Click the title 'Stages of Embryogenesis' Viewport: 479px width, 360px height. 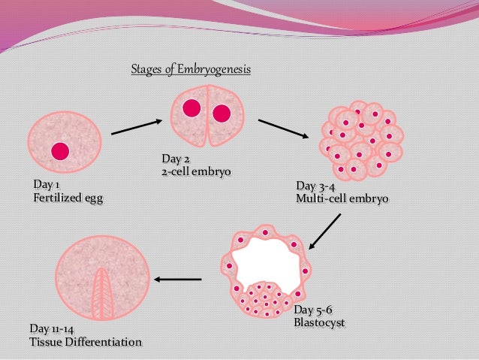click(x=191, y=70)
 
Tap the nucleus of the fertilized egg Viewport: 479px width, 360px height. click(x=60, y=152)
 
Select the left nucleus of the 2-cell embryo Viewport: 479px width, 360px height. click(x=191, y=107)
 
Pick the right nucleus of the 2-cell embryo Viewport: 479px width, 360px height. click(x=221, y=113)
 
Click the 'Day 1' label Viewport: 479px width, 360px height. click(x=47, y=185)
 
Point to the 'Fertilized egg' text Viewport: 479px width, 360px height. click(x=68, y=198)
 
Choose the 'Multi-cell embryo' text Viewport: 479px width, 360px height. click(x=342, y=200)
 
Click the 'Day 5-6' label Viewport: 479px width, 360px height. click(x=313, y=311)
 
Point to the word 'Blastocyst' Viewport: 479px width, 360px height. click(x=319, y=325)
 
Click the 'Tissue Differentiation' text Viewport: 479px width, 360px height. click(x=85, y=343)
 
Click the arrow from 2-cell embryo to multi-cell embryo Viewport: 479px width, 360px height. click(x=284, y=129)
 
